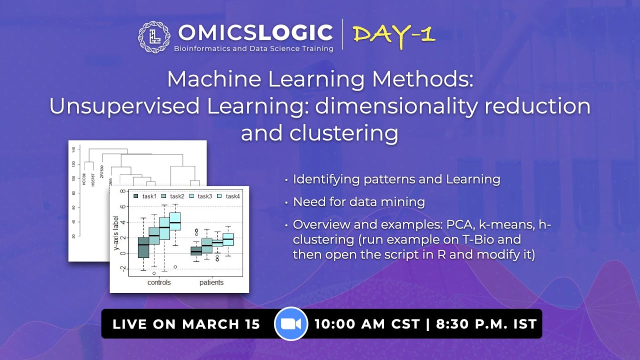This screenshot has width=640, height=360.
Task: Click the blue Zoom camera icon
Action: (290, 324)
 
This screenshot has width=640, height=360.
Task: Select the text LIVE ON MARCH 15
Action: (186, 324)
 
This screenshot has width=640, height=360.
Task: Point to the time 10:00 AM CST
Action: (366, 324)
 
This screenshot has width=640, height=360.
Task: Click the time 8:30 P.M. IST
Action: (486, 324)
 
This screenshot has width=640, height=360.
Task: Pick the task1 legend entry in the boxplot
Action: (145, 196)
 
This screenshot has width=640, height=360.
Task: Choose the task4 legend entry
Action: (229, 196)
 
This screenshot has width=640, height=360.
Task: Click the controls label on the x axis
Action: (159, 282)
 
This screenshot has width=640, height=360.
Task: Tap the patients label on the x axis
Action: (211, 282)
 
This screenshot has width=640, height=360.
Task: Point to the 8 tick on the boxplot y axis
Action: (122, 191)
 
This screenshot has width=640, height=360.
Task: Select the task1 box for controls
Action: (143, 247)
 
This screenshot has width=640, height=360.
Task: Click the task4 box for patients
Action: (228, 239)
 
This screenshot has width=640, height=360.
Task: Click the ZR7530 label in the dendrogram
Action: (102, 171)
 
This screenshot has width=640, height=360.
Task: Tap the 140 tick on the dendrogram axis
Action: (73, 149)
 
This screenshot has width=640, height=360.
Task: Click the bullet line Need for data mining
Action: (358, 202)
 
